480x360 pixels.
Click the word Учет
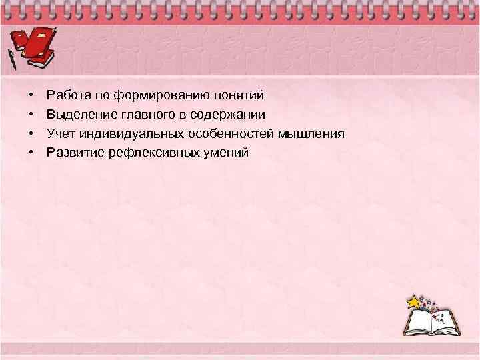(59, 134)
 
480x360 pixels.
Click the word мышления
(311, 134)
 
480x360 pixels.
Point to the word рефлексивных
(151, 153)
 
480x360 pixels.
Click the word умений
(225, 153)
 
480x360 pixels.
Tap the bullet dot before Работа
(31, 96)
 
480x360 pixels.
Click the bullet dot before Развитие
(31, 153)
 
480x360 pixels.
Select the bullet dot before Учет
(31, 135)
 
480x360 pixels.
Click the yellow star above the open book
(415, 302)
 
